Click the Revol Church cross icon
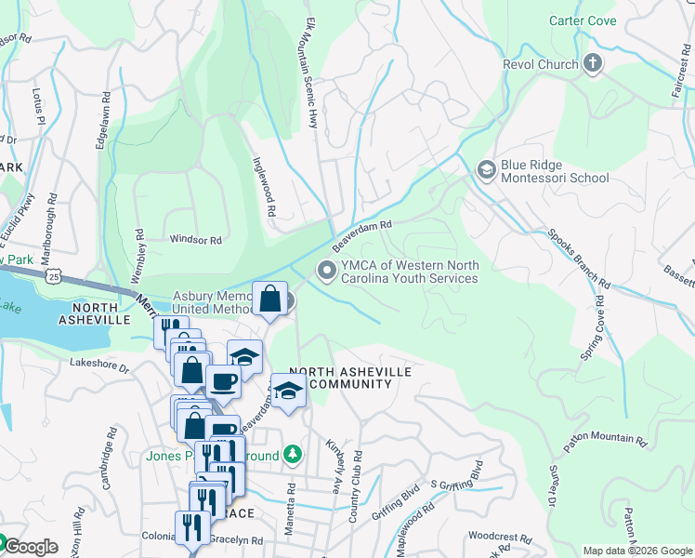592,64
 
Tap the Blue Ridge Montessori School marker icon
485,169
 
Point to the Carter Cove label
582,20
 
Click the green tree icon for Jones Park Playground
294,454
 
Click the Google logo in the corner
30,546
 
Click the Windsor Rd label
195,240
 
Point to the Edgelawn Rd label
102,121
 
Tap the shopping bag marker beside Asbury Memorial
269,301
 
